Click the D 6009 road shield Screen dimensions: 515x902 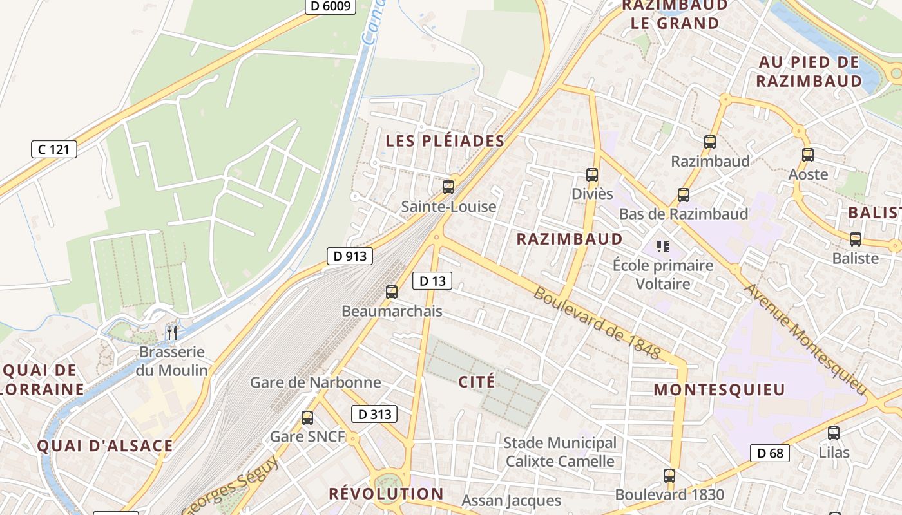(x=330, y=6)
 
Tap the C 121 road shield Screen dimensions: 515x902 (x=54, y=150)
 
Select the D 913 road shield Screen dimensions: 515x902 (x=350, y=256)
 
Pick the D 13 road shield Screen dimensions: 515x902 (x=432, y=281)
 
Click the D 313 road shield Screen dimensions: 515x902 (x=374, y=415)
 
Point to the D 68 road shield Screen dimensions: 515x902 (x=770, y=453)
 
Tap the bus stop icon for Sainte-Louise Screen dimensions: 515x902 (x=448, y=187)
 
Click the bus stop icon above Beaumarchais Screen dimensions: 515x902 (x=392, y=292)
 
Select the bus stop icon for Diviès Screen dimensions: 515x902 (x=592, y=174)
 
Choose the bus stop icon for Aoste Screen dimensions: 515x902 (x=808, y=155)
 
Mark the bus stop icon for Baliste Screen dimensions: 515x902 (x=856, y=239)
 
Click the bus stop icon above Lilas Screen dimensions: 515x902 (x=834, y=433)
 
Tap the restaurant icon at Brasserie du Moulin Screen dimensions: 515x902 (x=171, y=333)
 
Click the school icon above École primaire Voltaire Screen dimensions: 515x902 (x=662, y=246)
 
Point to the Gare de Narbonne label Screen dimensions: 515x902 (x=316, y=382)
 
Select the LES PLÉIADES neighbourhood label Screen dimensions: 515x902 (x=445, y=141)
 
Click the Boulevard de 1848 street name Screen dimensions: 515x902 (x=597, y=323)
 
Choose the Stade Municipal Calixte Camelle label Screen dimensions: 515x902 (x=560, y=452)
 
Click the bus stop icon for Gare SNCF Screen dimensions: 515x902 (x=307, y=418)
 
